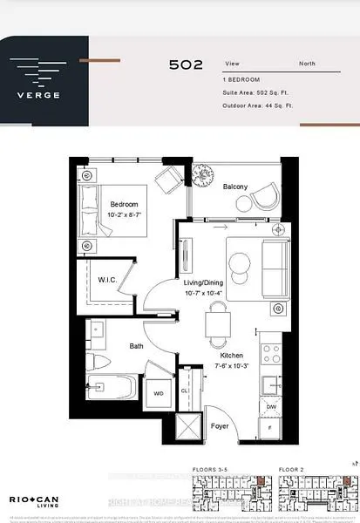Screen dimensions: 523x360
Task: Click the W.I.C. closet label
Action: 108,280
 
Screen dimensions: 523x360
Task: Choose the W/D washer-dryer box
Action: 157,393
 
